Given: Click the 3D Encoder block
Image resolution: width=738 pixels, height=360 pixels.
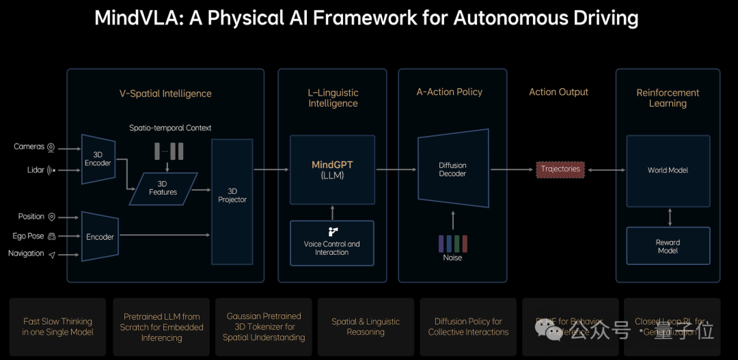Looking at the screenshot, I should point(98,159).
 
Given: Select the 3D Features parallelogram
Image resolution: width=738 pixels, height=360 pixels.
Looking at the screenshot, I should point(163,188).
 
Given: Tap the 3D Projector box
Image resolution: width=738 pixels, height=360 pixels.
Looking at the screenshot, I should point(232,195).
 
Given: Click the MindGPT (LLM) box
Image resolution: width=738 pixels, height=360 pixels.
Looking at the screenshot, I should point(332,169).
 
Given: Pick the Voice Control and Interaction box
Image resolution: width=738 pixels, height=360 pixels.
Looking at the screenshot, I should point(332,243).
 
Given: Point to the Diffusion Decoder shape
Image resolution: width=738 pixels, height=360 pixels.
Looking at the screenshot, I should point(452,169).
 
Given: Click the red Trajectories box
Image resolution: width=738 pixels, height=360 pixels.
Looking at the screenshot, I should point(560,169).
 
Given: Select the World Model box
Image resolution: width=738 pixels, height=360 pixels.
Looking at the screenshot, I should point(668,170).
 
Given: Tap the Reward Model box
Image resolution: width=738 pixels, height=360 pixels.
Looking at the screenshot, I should point(668,246).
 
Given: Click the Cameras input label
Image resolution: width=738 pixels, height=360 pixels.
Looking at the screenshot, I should point(29,147).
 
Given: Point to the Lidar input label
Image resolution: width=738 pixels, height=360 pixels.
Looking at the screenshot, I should point(31,170).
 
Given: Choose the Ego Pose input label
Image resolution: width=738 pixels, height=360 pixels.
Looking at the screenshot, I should point(27,236).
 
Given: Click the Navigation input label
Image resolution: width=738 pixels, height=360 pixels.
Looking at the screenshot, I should point(26,253).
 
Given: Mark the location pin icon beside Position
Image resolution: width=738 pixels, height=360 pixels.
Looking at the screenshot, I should point(52,217).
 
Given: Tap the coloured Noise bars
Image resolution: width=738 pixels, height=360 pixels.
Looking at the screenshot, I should point(452,243).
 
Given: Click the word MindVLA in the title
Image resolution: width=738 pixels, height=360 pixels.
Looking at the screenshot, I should point(132,18).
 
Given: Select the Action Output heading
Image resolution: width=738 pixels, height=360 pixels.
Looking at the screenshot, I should point(558,92).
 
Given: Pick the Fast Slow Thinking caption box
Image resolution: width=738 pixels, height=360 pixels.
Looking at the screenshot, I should point(57,327).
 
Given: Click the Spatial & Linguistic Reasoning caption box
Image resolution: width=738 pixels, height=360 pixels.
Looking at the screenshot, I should point(366,327).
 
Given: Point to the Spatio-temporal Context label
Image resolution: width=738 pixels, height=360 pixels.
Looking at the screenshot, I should point(170,128).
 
